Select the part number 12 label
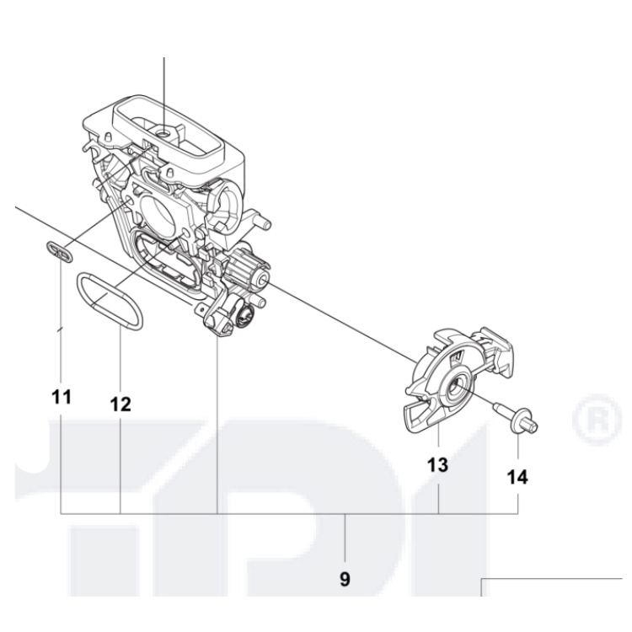(x=121, y=404)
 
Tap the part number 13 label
(x=437, y=464)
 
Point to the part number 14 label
(x=517, y=477)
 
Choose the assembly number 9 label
(x=345, y=579)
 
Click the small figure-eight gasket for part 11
(x=58, y=250)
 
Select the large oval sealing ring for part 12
(x=111, y=300)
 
